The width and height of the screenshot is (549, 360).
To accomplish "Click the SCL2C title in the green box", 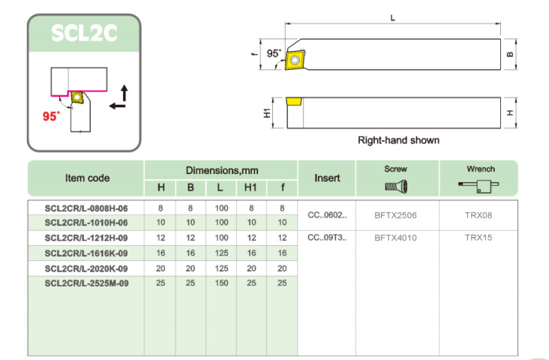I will [84, 33].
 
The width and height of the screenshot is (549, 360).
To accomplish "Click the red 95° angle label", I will [51, 116].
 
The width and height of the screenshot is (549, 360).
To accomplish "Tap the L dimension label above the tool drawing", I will [392, 17].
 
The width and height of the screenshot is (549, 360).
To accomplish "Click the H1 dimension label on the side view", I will [266, 112].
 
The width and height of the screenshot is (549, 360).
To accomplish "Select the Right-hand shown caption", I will [398, 140].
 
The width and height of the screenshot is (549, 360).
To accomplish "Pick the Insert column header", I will [326, 178].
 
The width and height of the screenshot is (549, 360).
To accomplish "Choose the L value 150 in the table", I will [221, 283].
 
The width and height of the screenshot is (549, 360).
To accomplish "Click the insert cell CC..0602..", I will [327, 215].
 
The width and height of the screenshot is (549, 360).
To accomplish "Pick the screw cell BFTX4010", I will [395, 238].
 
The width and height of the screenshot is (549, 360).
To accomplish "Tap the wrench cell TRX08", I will [478, 215].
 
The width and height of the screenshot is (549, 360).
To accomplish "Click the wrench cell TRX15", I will [478, 238].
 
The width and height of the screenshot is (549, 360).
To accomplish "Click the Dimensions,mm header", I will [221, 170].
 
